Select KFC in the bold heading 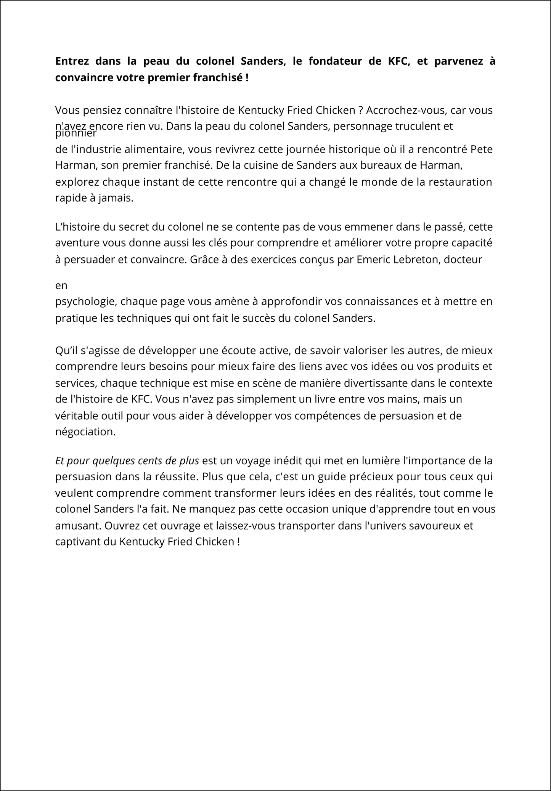click(x=398, y=61)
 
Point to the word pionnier click(x=76, y=134)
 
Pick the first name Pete click(x=482, y=149)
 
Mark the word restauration click(x=460, y=182)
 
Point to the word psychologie click(x=86, y=302)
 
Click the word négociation click(x=85, y=432)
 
